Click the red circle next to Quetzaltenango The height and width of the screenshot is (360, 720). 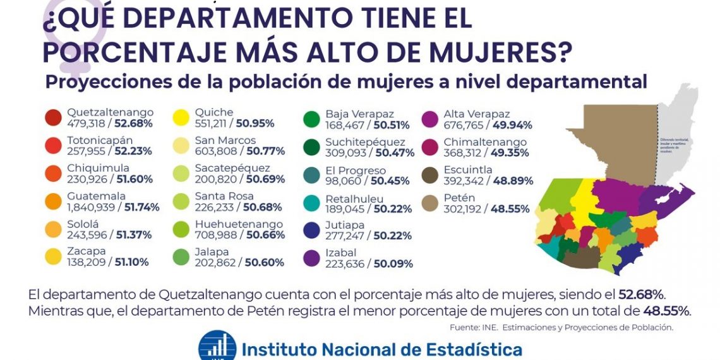54,118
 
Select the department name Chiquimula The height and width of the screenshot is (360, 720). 99,169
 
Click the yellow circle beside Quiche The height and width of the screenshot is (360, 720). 183,118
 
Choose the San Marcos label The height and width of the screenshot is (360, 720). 225,140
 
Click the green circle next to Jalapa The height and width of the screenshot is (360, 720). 183,257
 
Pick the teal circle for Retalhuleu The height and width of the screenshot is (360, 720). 312,203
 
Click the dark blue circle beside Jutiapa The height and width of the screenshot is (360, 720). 312,231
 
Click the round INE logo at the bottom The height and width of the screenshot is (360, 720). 217,346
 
